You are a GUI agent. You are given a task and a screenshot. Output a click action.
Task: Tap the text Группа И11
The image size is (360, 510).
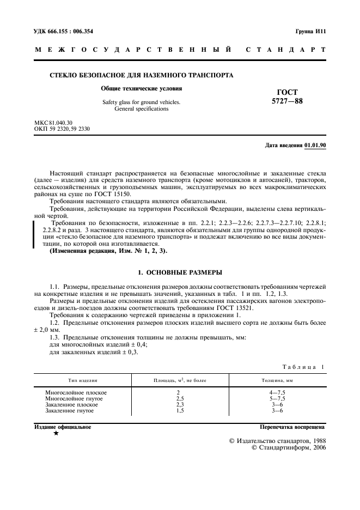click(310, 32)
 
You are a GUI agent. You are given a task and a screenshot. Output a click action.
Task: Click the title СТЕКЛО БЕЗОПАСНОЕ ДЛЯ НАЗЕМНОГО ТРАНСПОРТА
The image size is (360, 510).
click(142, 75)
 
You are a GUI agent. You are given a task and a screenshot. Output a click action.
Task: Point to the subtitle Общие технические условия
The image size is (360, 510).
click(142, 88)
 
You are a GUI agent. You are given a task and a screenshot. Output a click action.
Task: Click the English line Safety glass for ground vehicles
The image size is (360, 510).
click(142, 102)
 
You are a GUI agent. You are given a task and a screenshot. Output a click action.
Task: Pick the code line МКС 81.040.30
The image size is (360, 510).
click(53, 123)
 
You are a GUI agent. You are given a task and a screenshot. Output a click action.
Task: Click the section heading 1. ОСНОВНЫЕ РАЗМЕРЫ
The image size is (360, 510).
click(180, 271)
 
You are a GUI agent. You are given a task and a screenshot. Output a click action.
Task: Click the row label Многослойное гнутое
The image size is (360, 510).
click(75, 398)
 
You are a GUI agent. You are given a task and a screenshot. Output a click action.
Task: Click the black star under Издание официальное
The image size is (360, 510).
click(56, 433)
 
